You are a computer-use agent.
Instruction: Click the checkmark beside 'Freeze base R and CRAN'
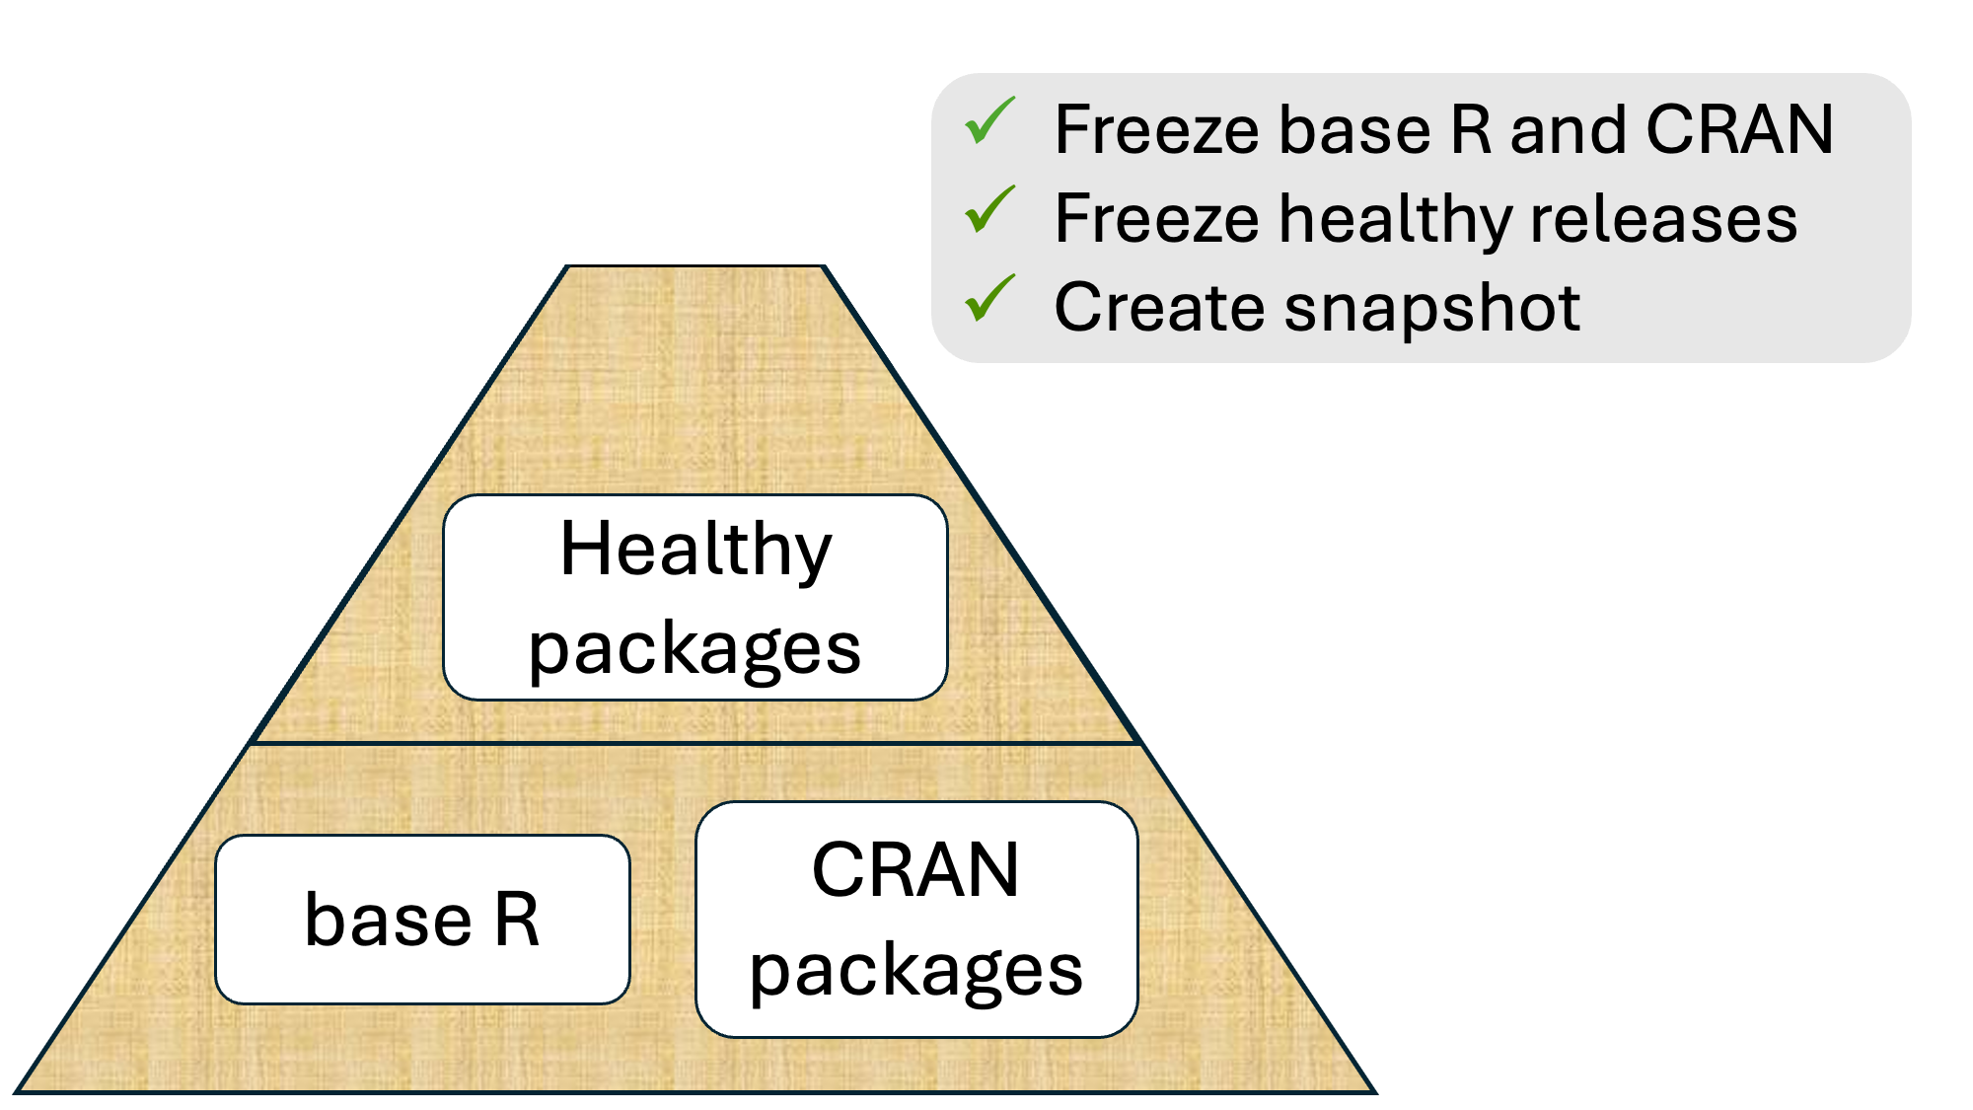click(989, 121)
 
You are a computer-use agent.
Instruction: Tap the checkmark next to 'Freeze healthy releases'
click(989, 210)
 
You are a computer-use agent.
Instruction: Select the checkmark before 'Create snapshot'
click(989, 299)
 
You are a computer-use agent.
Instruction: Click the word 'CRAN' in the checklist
click(1739, 129)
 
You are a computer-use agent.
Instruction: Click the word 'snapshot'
click(1432, 308)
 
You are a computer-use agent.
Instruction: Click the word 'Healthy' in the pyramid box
click(695, 550)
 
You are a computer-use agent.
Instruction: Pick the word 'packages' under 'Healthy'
click(694, 648)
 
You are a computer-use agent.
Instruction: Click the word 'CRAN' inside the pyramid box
click(915, 870)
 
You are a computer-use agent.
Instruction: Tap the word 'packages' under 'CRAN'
click(915, 971)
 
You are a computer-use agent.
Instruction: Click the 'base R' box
click(422, 920)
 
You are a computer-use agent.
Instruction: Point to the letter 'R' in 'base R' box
click(517, 920)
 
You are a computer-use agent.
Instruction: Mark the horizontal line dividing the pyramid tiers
click(695, 743)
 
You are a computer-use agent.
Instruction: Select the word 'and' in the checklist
click(1568, 129)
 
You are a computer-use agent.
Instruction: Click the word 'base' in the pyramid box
click(388, 920)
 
